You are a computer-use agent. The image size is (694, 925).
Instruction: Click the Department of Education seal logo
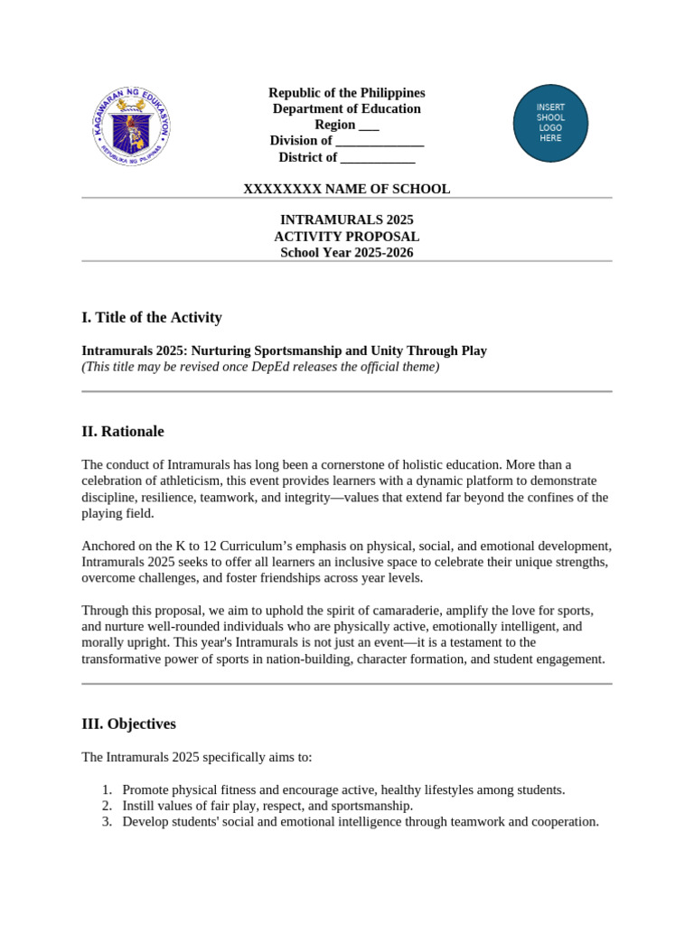pos(131,126)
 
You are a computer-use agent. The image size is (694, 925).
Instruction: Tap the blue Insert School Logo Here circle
pos(550,123)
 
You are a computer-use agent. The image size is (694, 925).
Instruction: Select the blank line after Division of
pos(380,141)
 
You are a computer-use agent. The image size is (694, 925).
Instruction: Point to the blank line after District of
pos(378,157)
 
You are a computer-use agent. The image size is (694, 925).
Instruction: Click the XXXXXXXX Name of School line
pos(346,189)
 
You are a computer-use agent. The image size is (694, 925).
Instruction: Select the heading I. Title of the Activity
pos(151,317)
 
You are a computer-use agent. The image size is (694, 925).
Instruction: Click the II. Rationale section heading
pos(122,431)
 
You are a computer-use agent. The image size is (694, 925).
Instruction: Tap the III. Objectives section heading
pos(128,724)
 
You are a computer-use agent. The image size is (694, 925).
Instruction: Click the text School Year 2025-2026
pos(346,252)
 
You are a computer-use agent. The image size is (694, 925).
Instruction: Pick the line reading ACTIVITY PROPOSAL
pos(346,236)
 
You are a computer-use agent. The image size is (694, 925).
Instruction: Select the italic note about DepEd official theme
pos(260,367)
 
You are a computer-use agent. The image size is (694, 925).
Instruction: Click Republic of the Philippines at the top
pos(346,93)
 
